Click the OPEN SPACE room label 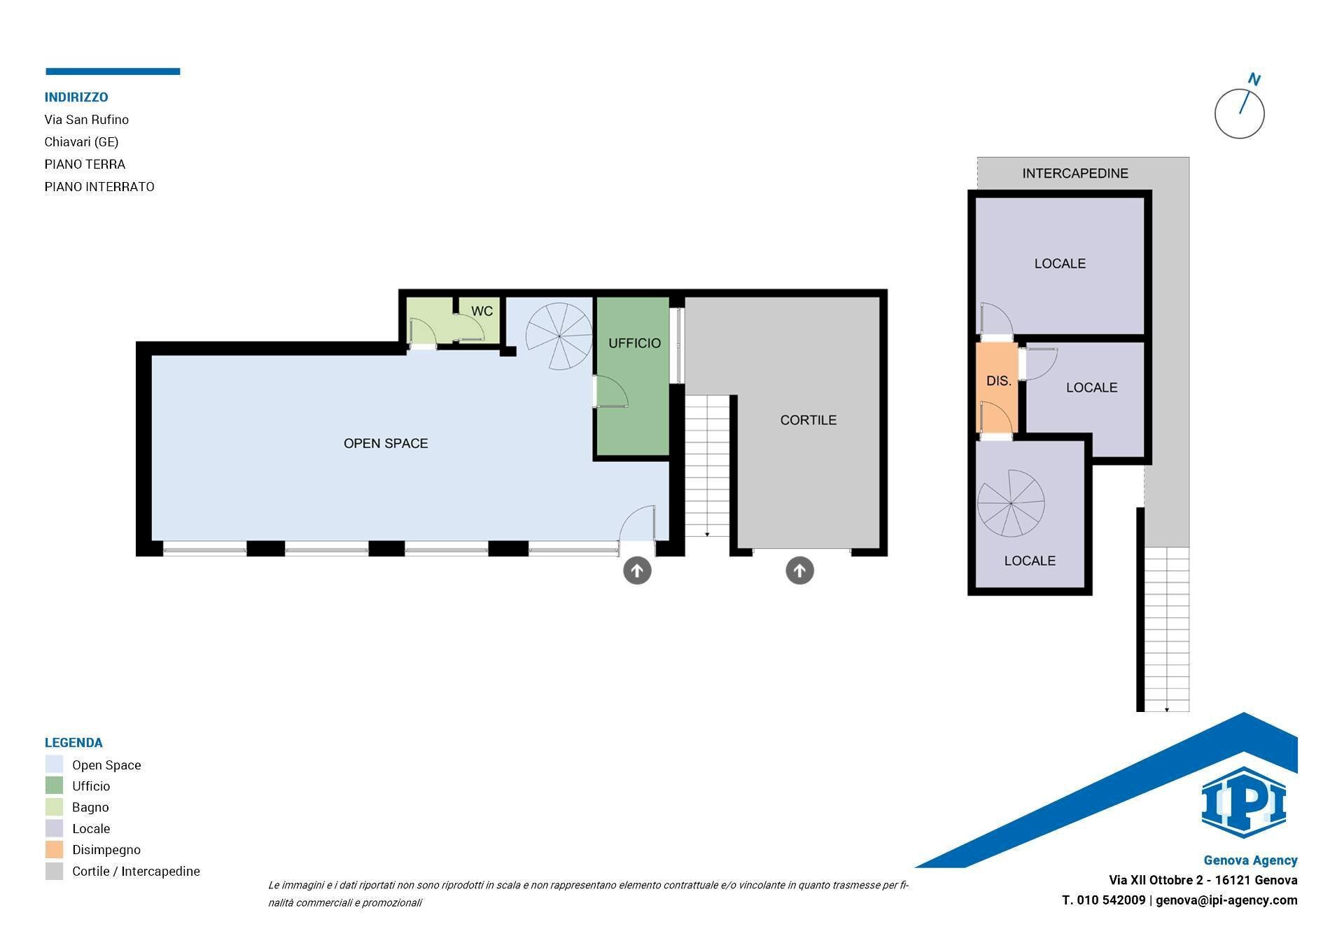click(x=386, y=443)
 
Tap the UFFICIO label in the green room click(x=634, y=343)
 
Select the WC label click(x=482, y=311)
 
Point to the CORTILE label click(x=808, y=420)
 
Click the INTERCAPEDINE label click(x=1075, y=174)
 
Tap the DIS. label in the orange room click(x=998, y=381)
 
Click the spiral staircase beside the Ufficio click(x=559, y=336)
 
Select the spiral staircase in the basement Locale click(x=1011, y=503)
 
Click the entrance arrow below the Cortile click(x=799, y=571)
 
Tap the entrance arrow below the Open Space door click(x=637, y=571)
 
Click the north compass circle click(x=1239, y=113)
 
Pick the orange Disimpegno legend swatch click(x=54, y=850)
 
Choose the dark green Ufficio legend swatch click(x=54, y=785)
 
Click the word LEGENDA click(x=73, y=743)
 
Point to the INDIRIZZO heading click(x=76, y=97)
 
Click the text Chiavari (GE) click(x=81, y=142)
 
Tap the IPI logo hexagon click(x=1243, y=802)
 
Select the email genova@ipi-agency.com click(x=1226, y=900)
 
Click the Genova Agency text click(x=1250, y=860)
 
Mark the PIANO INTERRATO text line click(x=99, y=187)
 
